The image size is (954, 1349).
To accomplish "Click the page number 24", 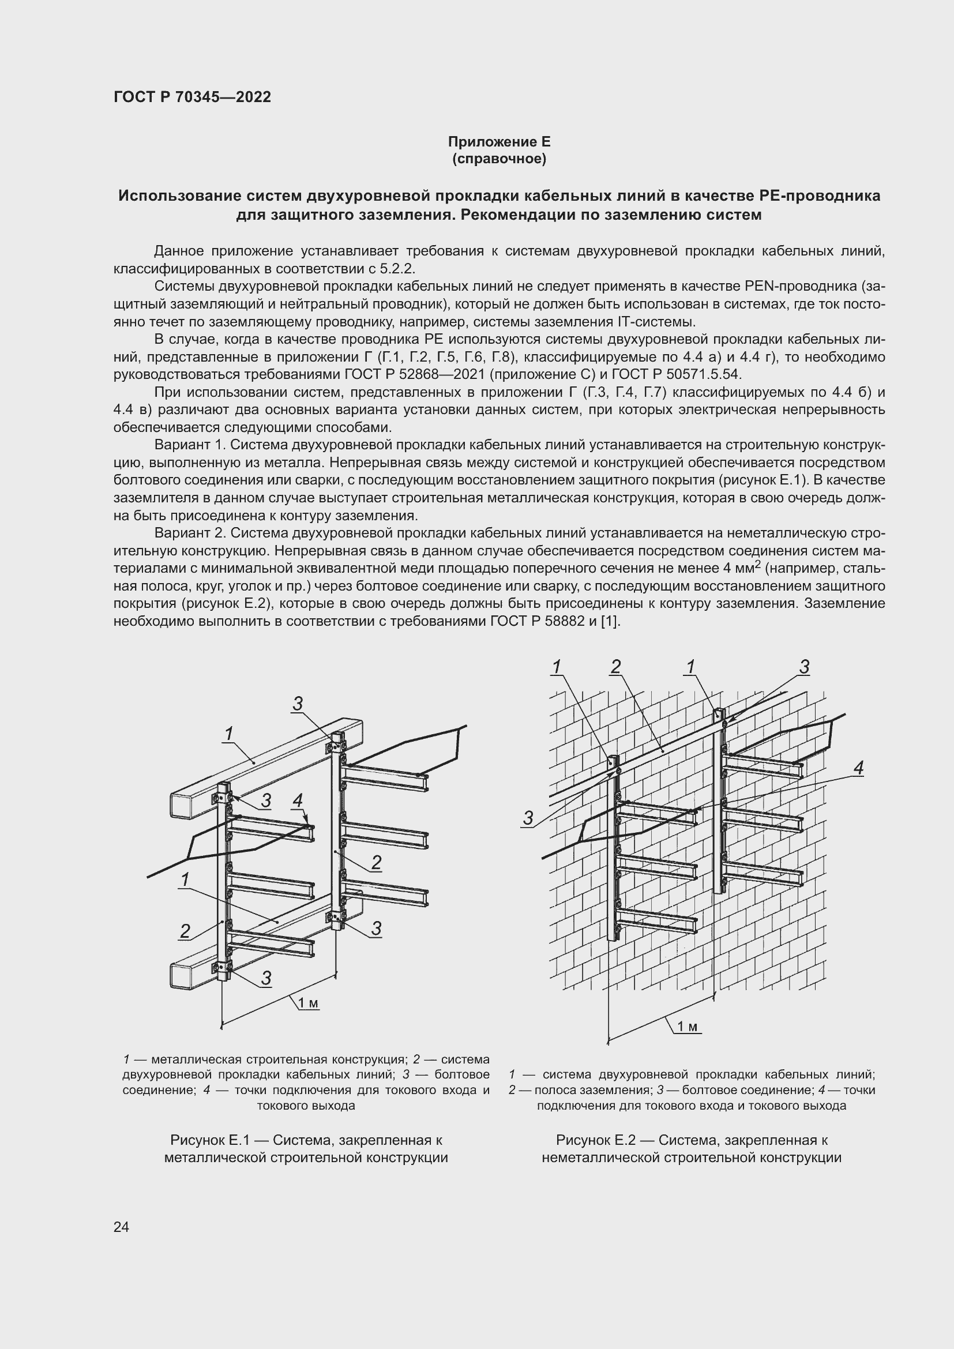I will point(121,1227).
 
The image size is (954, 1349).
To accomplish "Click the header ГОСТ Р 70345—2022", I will point(192,97).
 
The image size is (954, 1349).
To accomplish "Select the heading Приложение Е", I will point(499,142).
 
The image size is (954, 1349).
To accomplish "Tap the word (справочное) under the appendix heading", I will point(499,159).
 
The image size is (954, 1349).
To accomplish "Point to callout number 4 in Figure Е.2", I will point(858,767).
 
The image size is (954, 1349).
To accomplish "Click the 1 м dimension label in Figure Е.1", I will point(308,1004).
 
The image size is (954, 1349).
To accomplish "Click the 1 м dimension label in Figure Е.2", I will point(687,1027).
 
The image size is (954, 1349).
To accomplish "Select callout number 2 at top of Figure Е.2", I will point(615,667).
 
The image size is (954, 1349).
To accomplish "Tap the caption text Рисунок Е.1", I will point(210,1140).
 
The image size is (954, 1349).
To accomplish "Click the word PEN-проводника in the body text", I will point(798,287).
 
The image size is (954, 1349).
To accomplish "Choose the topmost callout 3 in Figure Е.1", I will point(297,703).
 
